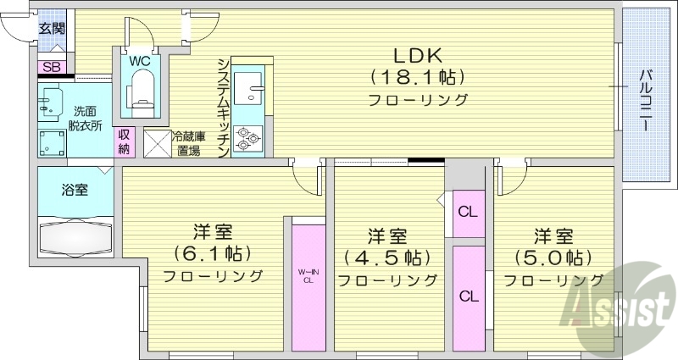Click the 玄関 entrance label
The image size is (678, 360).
[x=51, y=28]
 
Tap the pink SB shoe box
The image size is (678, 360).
[x=51, y=66]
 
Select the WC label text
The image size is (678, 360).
[x=140, y=61]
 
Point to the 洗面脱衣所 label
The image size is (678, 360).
[x=86, y=118]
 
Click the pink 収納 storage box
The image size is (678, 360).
[x=125, y=141]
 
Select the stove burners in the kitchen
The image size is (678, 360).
[x=248, y=138]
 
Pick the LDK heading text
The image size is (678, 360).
[x=417, y=55]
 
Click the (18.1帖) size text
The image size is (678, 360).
[x=417, y=78]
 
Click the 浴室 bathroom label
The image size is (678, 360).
[x=75, y=190]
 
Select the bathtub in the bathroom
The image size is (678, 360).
[x=75, y=236]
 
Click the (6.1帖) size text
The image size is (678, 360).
[x=213, y=253]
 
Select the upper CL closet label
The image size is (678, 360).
[x=467, y=212]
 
